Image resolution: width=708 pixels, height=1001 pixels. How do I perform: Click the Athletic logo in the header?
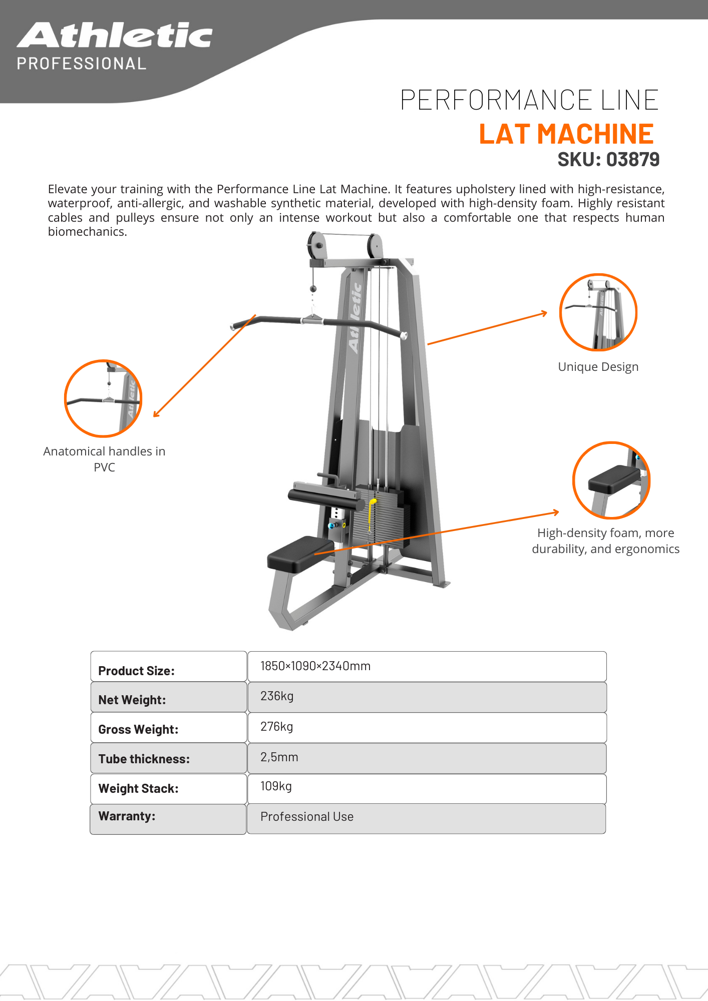[115, 36]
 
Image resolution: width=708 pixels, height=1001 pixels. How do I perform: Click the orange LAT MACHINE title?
[566, 134]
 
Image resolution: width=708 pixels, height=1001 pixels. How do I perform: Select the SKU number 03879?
[632, 160]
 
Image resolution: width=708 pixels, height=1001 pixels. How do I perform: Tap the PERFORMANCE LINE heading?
[529, 100]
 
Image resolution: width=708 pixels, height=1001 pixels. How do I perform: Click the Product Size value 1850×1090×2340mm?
[315, 666]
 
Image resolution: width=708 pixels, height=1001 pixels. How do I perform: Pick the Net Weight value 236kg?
[277, 696]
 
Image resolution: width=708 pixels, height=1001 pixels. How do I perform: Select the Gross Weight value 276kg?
[276, 727]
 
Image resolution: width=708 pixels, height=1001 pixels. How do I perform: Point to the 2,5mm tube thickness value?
[279, 757]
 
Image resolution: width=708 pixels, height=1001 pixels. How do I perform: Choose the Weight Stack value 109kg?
[276, 786]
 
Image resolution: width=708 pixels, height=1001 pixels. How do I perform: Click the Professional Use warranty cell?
[307, 817]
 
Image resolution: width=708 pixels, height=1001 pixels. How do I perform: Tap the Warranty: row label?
[127, 816]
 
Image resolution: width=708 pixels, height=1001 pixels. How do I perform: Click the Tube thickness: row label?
[144, 759]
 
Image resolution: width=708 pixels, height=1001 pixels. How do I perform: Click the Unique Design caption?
[598, 367]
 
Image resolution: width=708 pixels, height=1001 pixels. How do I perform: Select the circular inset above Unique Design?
[598, 312]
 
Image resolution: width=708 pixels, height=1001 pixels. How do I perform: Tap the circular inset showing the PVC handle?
[103, 398]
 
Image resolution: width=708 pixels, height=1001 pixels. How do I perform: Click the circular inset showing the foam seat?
[611, 480]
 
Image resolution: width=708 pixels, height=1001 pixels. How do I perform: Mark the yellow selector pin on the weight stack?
[372, 511]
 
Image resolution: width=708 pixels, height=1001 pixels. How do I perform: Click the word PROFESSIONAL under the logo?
[82, 64]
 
